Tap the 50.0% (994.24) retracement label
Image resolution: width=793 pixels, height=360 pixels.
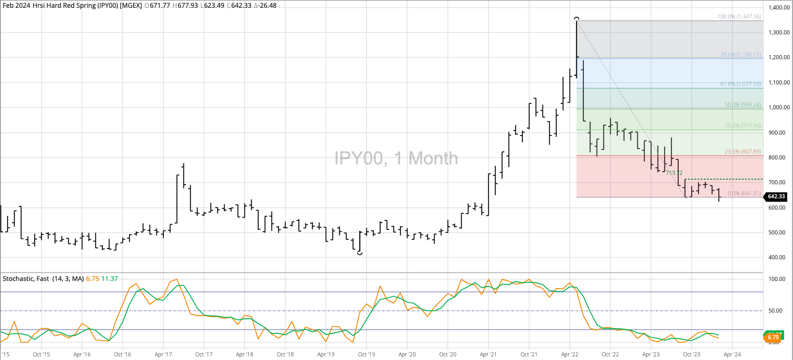[x=742, y=105]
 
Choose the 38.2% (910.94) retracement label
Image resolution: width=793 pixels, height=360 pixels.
[x=742, y=126]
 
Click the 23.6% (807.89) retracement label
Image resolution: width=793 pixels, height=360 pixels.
[x=742, y=152]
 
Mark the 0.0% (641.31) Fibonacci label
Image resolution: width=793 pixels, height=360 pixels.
[x=744, y=193]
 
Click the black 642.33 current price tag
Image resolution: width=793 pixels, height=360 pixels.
[x=776, y=196]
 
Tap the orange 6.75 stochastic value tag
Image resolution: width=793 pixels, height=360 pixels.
[x=773, y=337]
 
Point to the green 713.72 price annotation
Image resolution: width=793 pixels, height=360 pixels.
[x=674, y=173]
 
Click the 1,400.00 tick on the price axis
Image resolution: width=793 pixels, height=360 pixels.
[x=779, y=8]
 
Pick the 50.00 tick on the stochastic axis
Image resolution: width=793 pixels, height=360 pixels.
[x=777, y=311]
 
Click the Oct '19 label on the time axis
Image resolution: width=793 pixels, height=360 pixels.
[x=366, y=355]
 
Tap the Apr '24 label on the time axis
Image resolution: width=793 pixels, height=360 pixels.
[x=732, y=355]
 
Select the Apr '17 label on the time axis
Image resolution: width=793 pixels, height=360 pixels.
[x=163, y=355]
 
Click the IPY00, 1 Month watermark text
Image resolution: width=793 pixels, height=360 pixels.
[x=396, y=159]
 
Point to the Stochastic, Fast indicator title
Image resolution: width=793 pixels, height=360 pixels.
[x=43, y=279]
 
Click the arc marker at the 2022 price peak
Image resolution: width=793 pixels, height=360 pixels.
[x=576, y=18]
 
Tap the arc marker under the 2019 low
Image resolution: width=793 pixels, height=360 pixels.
[x=359, y=254]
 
